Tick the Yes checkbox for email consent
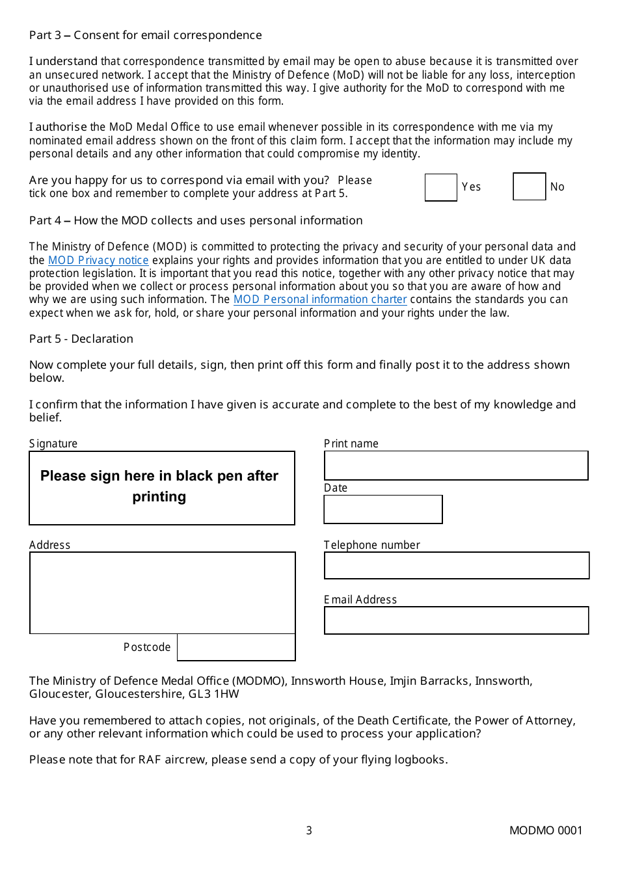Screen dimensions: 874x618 tap(441, 187)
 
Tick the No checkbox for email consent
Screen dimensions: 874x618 tap(529, 187)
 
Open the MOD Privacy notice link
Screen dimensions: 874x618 tap(98, 260)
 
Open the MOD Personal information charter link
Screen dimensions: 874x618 tap(320, 299)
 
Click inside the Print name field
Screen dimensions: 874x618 tap(456, 466)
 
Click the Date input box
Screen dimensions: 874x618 tap(383, 509)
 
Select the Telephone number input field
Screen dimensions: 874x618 tap(457, 566)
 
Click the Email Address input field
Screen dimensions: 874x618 tap(456, 620)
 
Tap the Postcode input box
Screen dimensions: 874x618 tap(236, 648)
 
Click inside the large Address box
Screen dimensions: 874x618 tap(162, 592)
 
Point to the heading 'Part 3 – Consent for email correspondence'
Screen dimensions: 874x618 tap(146, 35)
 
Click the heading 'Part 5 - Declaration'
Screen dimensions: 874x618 tap(81, 339)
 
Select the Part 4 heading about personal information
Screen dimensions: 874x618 tap(196, 220)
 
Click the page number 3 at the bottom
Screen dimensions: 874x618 tap(309, 830)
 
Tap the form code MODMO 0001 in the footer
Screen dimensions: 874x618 tap(546, 830)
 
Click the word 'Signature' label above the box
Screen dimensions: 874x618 tap(53, 444)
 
